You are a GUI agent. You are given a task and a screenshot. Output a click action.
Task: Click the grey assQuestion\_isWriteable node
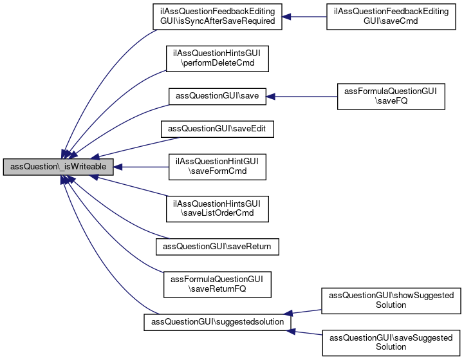tap(59, 167)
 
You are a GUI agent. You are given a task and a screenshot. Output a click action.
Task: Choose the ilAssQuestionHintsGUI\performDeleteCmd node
tap(217, 58)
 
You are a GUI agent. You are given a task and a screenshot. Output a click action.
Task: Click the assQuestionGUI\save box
tap(217, 96)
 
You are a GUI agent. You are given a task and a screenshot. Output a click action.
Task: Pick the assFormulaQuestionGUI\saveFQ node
tap(391, 96)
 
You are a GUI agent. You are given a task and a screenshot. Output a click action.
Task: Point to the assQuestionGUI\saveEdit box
tap(217, 129)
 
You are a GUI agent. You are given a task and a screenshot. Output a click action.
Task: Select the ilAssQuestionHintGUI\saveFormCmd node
tap(217, 166)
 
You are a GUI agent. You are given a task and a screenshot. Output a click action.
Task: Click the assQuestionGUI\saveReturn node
tap(217, 246)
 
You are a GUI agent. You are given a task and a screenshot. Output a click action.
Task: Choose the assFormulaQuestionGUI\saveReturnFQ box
tap(217, 284)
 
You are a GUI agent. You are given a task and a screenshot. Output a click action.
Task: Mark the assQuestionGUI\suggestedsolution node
tap(217, 321)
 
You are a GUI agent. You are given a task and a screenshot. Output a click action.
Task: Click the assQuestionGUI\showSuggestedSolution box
tap(391, 300)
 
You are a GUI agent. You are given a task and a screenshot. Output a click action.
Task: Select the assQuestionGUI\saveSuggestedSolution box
tap(391, 342)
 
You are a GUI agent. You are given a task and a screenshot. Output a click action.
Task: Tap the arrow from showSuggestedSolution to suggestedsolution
tap(306, 311)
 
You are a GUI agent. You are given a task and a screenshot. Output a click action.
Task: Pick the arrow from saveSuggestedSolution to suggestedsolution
tap(306, 331)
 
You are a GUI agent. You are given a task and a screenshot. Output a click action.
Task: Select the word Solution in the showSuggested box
tap(391, 305)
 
